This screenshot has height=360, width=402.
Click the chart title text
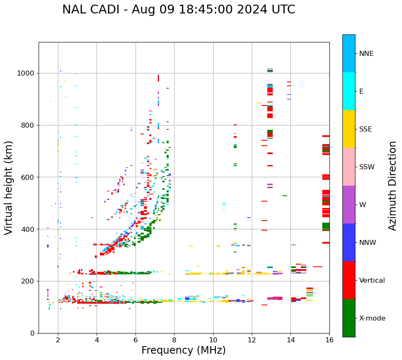point(179,10)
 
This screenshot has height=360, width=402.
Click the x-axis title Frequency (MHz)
point(183,350)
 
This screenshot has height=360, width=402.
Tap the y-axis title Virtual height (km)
point(9,188)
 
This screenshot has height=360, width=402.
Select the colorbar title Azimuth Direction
point(392,186)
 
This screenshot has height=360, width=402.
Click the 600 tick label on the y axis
point(29,177)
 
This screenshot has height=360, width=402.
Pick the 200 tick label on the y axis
point(29,281)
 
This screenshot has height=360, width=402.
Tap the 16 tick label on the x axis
point(329,340)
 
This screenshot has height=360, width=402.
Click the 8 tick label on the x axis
point(174,340)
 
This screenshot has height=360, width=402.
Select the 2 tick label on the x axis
point(58,340)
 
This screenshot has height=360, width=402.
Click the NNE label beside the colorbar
point(366,54)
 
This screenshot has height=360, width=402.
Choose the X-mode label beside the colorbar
point(372,318)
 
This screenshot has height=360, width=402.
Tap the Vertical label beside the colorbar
point(372,281)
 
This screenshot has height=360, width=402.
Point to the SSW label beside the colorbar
point(367,167)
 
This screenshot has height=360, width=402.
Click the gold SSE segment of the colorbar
point(349,129)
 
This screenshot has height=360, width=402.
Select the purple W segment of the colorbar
point(349,205)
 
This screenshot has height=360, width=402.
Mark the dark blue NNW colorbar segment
point(349,242)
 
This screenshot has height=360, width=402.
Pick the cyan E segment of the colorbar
point(349,91)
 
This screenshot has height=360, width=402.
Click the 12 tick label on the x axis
point(252,340)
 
